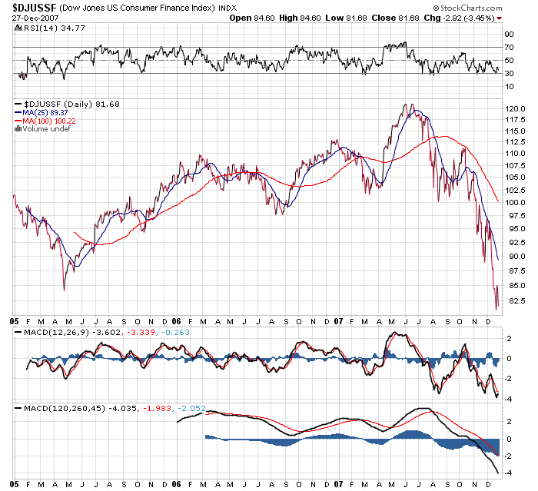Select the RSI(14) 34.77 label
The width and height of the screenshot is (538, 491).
[x=45, y=28]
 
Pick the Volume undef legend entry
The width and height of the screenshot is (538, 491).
[x=45, y=128]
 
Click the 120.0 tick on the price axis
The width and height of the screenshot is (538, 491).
[x=514, y=109]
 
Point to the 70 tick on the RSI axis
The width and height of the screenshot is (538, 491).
[x=509, y=48]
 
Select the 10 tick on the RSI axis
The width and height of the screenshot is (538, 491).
[x=509, y=87]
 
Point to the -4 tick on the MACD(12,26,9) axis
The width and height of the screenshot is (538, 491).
[x=509, y=396]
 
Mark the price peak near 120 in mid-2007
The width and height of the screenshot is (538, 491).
[x=413, y=105]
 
